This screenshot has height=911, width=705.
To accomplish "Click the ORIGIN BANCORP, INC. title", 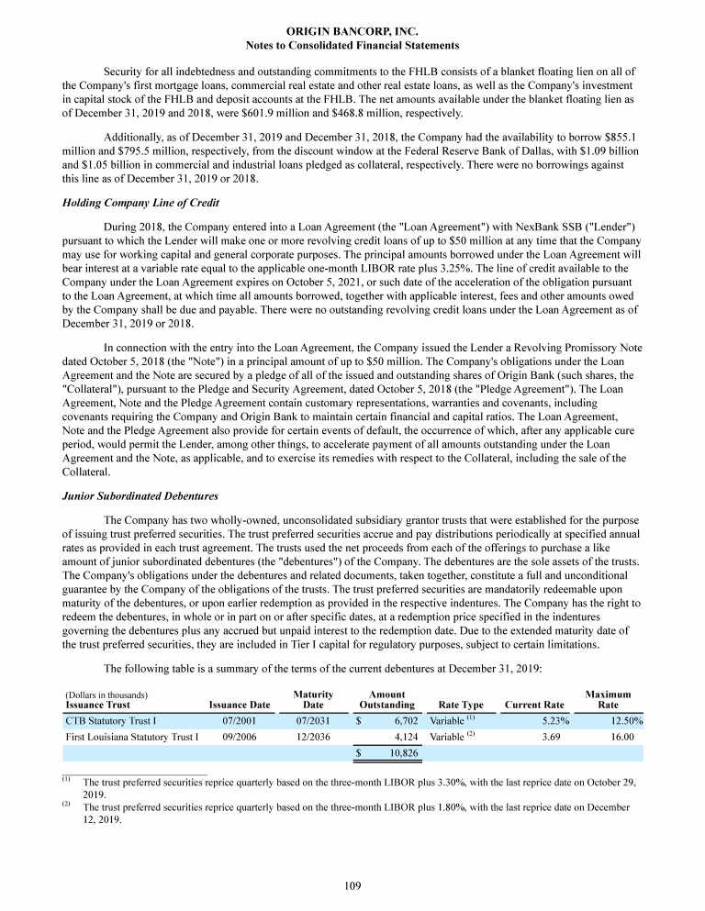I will [x=352, y=30].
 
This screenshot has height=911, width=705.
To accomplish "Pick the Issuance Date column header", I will [x=240, y=705].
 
